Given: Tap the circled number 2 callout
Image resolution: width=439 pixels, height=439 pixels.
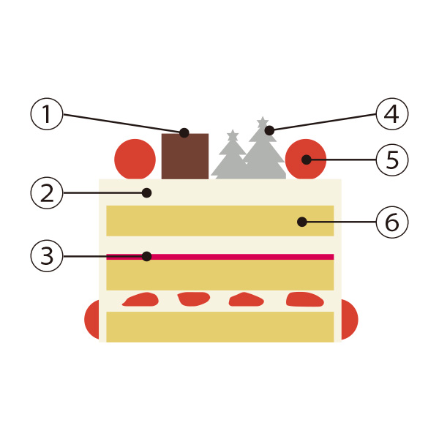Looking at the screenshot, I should [46, 193].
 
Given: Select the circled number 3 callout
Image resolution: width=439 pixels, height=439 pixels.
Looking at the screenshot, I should [46, 256].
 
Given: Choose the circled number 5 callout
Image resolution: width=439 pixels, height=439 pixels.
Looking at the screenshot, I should [391, 159].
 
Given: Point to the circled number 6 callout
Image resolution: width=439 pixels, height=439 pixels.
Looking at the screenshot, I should [391, 221].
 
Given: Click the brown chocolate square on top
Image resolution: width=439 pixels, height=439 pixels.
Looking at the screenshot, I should [184, 157].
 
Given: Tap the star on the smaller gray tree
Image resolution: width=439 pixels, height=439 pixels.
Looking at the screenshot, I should [233, 135].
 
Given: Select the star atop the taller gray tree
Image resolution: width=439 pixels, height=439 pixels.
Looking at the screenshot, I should [262, 121].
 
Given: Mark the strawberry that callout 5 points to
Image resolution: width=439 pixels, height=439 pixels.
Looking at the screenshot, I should [305, 159].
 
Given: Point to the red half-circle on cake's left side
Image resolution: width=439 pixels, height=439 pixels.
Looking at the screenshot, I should [92, 320].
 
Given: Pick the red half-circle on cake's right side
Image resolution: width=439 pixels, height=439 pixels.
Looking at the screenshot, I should [349, 320].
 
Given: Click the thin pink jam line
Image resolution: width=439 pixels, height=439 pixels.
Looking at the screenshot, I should [219, 257].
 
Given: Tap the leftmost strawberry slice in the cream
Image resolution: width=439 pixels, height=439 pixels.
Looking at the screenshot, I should [141, 299].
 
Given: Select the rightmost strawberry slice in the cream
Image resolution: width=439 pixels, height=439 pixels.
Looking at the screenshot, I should [304, 299].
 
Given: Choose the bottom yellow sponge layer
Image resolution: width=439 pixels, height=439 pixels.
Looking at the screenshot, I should [219, 327].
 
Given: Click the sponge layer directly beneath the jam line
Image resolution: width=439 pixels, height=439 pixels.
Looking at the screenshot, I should [219, 275].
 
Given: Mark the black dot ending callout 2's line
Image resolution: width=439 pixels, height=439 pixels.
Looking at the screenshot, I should [147, 193].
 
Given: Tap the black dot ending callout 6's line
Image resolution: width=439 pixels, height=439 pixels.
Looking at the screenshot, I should [301, 221].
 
